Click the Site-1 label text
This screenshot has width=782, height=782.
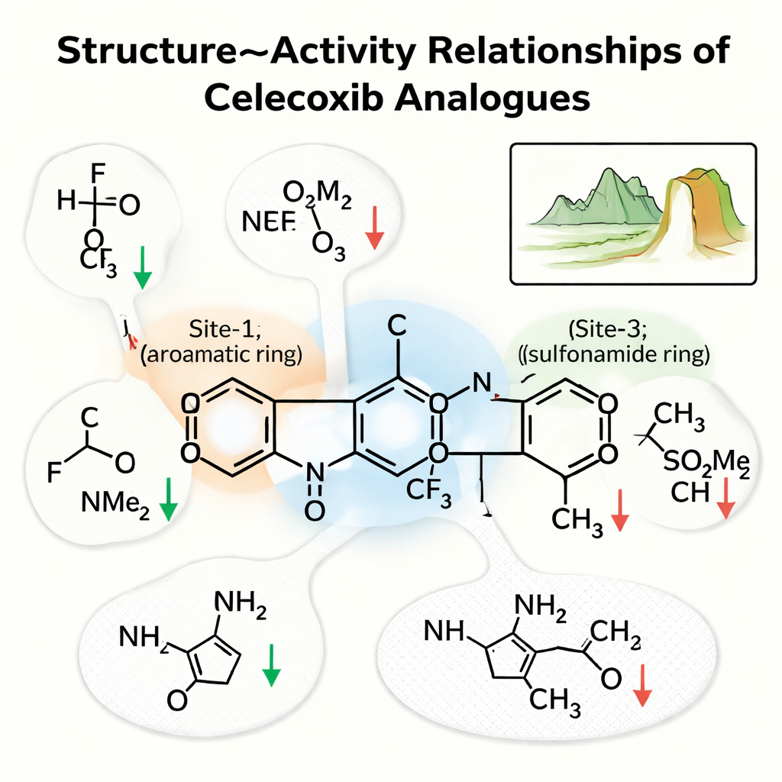pos(222,333)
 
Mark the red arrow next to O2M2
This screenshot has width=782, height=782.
pos(373,228)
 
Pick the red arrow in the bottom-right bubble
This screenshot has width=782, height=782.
pos(642,683)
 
